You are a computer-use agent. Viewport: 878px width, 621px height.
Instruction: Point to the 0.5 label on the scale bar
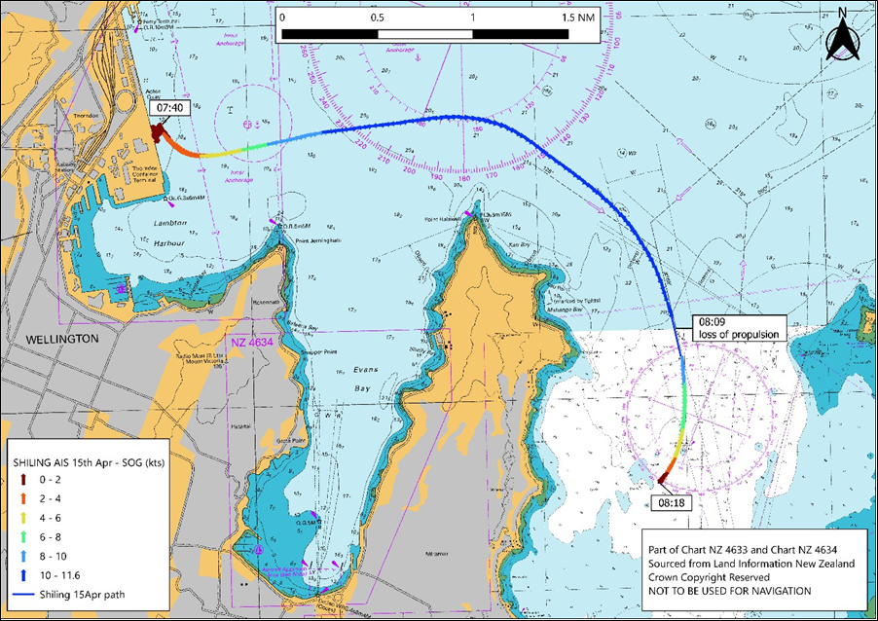377,18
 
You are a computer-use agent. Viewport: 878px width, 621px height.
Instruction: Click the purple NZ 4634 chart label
252,343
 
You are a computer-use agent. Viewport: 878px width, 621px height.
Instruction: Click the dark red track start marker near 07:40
158,133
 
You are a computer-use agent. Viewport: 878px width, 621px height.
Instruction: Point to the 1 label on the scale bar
472,18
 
